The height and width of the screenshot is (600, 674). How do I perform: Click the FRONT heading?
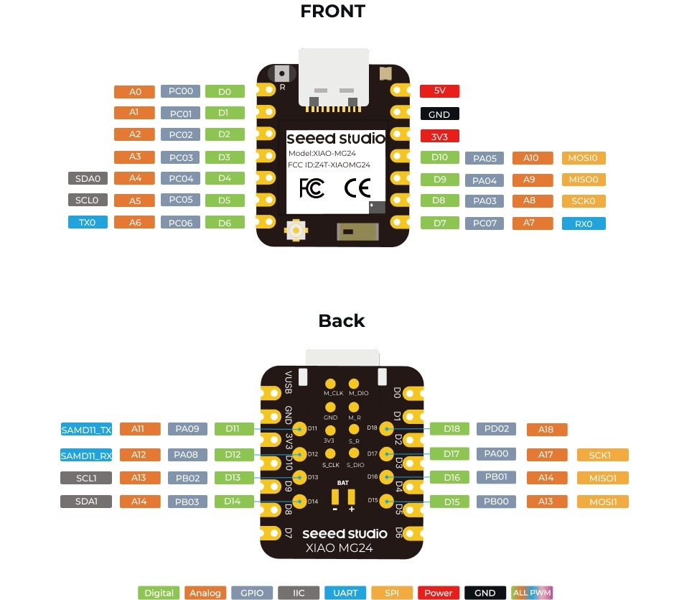(x=332, y=11)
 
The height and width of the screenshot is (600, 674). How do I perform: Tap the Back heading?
(x=341, y=321)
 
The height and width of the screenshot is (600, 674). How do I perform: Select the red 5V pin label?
(x=439, y=91)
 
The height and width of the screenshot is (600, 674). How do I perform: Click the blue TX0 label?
(x=88, y=223)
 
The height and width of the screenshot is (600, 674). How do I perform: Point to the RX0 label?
(x=584, y=223)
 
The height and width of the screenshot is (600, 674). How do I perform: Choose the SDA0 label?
(x=88, y=178)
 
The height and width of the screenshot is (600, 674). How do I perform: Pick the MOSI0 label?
(x=584, y=158)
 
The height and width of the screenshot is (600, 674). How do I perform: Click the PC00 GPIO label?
(x=180, y=91)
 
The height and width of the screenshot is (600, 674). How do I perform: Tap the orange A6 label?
(x=135, y=223)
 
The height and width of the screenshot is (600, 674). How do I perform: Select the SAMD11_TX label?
(x=86, y=430)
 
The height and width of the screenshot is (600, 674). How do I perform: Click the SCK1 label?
(x=602, y=455)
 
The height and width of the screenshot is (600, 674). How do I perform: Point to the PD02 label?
(x=496, y=429)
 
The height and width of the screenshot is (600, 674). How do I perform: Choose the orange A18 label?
(x=546, y=430)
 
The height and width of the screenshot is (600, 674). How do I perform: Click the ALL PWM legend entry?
(x=531, y=593)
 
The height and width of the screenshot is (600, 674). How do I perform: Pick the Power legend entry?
(x=438, y=593)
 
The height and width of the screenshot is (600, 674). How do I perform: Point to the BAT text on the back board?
(x=342, y=484)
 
